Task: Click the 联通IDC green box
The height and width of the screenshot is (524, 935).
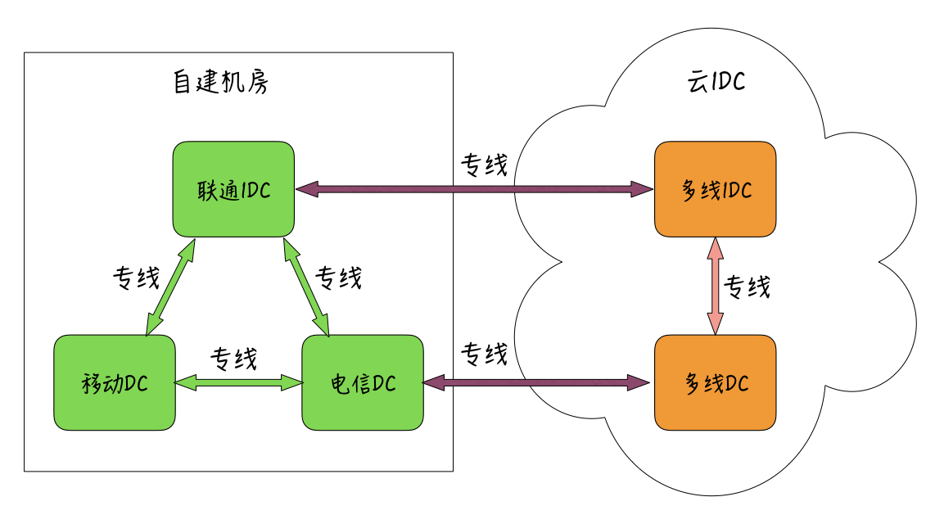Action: [x=233, y=189]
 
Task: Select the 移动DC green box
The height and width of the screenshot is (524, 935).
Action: [x=115, y=382]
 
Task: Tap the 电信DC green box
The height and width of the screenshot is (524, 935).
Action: [x=363, y=382]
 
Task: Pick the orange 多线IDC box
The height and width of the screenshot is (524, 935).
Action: [x=716, y=189]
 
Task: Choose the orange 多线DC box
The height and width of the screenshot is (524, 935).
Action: [x=716, y=382]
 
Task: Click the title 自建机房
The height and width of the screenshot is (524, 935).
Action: [x=220, y=83]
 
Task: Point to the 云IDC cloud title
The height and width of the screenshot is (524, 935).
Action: [x=716, y=83]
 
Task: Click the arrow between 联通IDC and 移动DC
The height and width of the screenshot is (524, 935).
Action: [x=170, y=287]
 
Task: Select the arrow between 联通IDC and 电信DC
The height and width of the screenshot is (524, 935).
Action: [x=305, y=287]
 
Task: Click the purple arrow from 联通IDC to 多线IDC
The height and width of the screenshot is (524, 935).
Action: [x=475, y=190]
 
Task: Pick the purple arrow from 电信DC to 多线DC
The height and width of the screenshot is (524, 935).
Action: [x=537, y=382]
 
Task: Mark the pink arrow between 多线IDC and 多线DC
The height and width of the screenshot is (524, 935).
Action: [x=716, y=286]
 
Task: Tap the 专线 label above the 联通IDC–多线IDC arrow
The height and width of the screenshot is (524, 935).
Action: [x=484, y=165]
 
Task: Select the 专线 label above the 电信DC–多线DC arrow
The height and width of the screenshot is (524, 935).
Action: [x=484, y=354]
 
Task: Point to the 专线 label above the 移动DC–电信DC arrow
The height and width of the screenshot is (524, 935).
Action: [x=234, y=359]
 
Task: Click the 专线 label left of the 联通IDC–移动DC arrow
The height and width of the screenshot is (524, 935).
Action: [x=136, y=278]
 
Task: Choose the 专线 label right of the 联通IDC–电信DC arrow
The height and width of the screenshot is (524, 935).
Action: [x=338, y=278]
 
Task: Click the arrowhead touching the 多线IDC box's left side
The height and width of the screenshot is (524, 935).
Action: [x=644, y=190]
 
